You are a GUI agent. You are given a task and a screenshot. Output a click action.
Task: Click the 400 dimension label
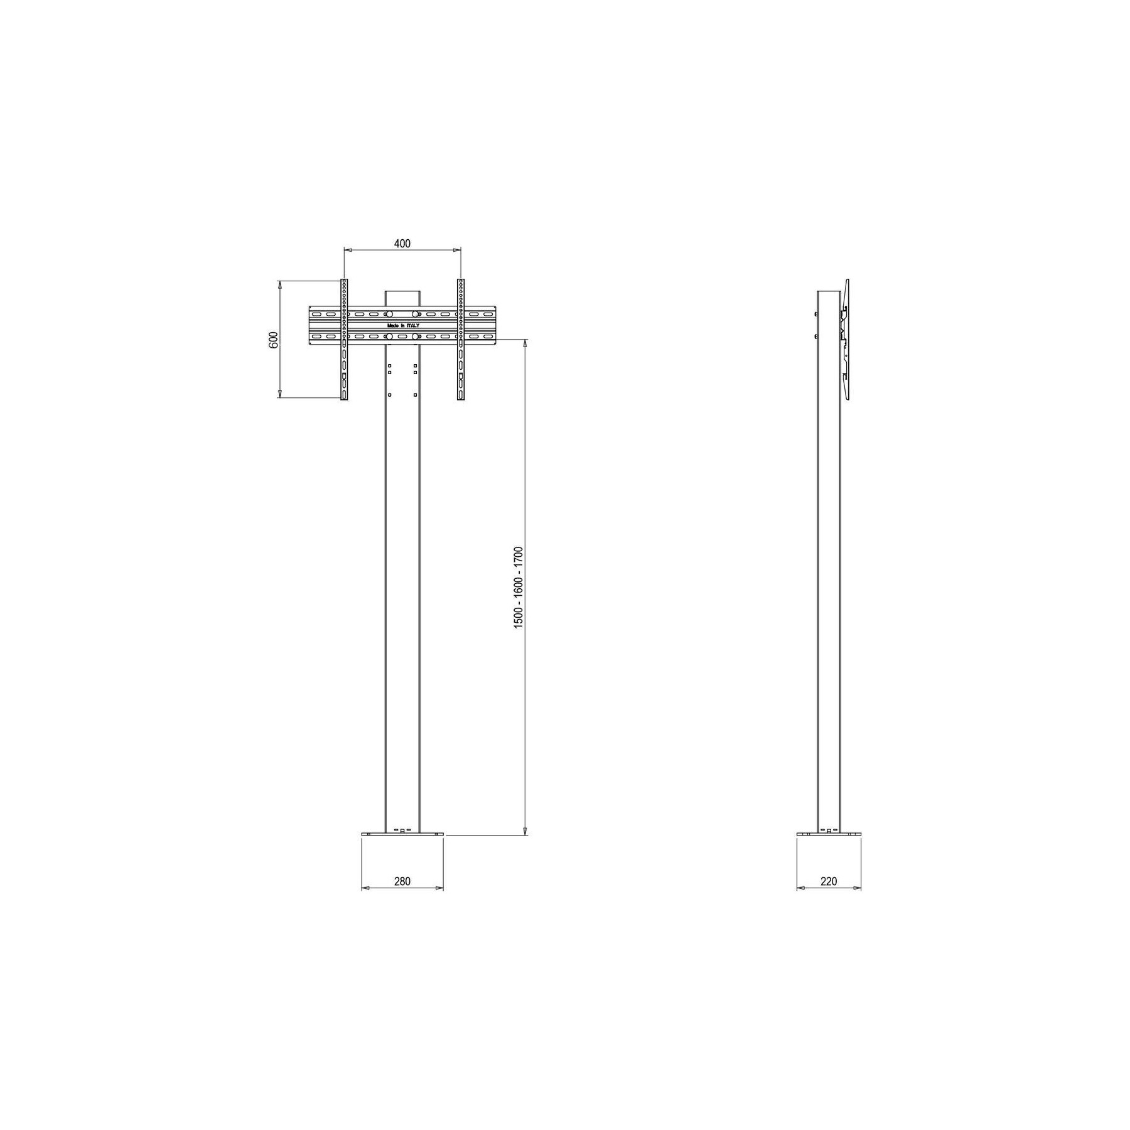pyautogui.click(x=402, y=244)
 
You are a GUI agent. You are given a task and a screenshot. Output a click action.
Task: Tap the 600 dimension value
pyautogui.click(x=273, y=340)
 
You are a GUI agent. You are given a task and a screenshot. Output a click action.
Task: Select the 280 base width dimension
pyautogui.click(x=402, y=881)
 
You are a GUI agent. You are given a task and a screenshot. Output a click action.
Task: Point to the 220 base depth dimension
pyautogui.click(x=829, y=881)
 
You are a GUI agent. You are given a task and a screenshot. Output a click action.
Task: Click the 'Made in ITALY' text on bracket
pyautogui.click(x=403, y=326)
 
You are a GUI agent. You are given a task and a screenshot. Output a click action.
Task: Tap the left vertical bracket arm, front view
pyautogui.click(x=344, y=340)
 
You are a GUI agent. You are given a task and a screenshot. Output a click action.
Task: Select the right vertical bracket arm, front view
pyautogui.click(x=461, y=340)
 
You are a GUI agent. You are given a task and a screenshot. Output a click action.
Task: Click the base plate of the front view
pyautogui.click(x=402, y=834)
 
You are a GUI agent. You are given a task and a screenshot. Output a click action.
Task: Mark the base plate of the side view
pyautogui.click(x=829, y=834)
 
